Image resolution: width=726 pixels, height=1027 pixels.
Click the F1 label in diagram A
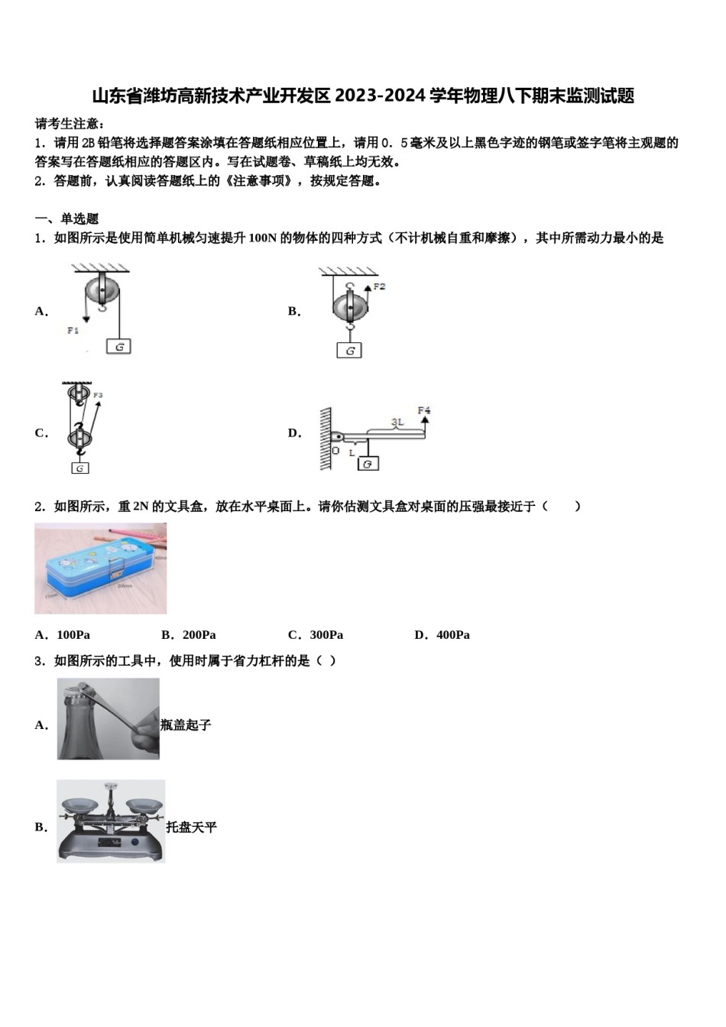click(x=73, y=330)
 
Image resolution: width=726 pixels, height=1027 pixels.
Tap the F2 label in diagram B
click(x=379, y=287)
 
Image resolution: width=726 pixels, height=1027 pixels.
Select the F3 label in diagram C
click(x=98, y=395)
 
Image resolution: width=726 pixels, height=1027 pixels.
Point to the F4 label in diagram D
click(x=424, y=411)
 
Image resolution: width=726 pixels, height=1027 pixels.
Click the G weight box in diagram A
click(x=118, y=346)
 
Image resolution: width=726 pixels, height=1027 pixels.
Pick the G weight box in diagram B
click(x=349, y=351)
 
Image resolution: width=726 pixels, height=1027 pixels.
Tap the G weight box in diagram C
click(x=79, y=468)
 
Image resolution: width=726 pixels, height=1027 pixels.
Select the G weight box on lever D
click(x=368, y=463)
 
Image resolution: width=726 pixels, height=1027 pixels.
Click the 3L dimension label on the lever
click(x=397, y=422)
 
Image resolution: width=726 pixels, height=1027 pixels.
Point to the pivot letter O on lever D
click(x=335, y=451)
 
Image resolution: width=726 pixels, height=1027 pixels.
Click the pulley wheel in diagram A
click(x=102, y=290)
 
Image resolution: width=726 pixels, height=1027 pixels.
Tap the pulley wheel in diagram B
click(x=350, y=306)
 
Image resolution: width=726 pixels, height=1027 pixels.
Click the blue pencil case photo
click(x=100, y=568)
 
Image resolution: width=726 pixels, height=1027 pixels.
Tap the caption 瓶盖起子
click(x=186, y=725)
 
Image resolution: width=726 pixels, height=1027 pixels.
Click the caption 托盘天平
click(x=192, y=827)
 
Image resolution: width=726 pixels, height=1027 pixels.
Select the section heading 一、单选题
click(x=67, y=219)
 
